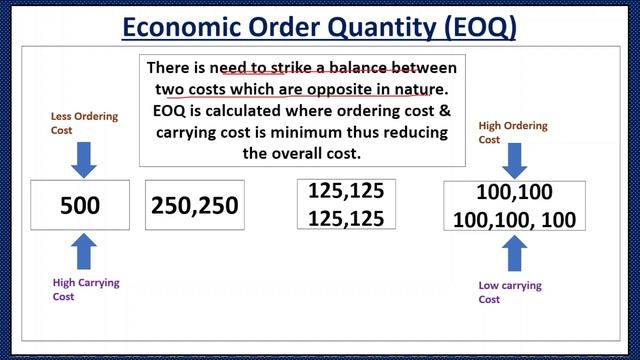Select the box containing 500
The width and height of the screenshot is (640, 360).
pos(81,206)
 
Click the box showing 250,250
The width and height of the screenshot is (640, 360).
pos(194,206)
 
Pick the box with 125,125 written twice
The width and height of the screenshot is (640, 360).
pos(346,204)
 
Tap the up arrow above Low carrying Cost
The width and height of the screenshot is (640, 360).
pos(515,253)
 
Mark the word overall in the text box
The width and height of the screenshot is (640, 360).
pos(307,154)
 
